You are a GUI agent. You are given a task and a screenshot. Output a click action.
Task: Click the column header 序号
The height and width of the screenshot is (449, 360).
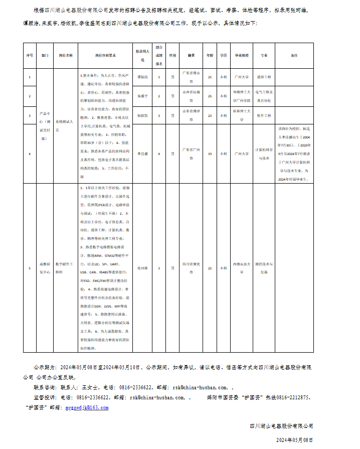pyautogui.click(x=30, y=55)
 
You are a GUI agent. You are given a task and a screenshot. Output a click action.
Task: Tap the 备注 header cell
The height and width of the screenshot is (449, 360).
pyautogui.click(x=294, y=55)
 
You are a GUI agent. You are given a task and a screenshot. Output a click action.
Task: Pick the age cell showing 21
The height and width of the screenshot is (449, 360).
pyautogui.click(x=210, y=77)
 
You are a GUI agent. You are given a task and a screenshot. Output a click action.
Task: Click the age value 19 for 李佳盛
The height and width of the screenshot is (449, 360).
pyautogui.click(x=210, y=154)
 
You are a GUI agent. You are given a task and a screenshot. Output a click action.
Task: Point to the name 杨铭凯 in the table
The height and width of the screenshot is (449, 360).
pyautogui.click(x=142, y=115)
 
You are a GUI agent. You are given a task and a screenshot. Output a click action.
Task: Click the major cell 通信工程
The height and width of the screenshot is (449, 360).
pyautogui.click(x=264, y=77)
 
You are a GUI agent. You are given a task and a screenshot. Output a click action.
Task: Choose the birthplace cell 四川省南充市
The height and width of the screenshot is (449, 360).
pyautogui.click(x=191, y=268)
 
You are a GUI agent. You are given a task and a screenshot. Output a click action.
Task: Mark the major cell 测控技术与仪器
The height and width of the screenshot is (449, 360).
pyautogui.click(x=264, y=268)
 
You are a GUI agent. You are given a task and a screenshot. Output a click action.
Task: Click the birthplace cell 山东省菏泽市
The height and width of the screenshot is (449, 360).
pyautogui.click(x=191, y=115)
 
